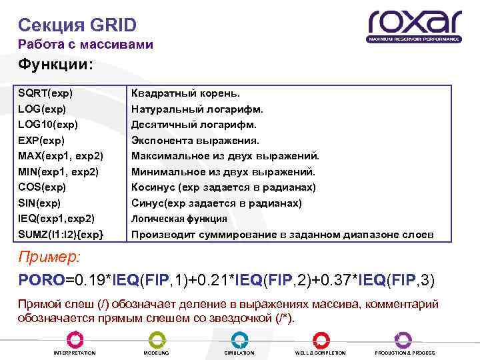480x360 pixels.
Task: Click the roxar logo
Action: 414,25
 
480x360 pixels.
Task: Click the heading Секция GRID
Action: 77,25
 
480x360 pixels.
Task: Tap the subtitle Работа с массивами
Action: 85,45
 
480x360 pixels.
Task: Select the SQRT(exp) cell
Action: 45,93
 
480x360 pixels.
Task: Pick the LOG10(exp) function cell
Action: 48,125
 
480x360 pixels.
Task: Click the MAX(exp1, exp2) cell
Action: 61,156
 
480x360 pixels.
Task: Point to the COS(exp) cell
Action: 43,187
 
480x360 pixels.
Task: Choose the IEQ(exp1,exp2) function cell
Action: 56,219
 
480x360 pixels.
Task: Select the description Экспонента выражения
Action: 195,140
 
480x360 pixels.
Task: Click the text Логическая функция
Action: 179,219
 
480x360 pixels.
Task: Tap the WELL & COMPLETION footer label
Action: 321,353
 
